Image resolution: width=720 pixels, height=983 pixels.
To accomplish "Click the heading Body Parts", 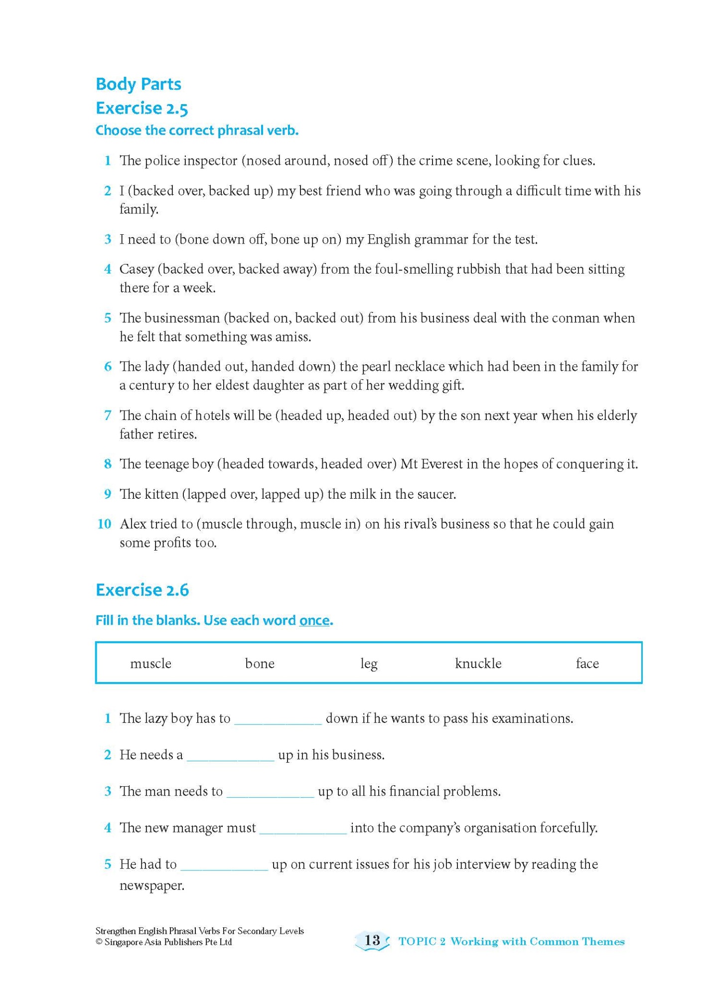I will (138, 84).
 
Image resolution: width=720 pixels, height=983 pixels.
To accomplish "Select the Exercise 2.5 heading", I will (142, 108).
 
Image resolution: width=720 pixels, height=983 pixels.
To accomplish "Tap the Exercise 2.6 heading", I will (142, 590).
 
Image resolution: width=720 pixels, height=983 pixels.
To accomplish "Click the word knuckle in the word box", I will (478, 663).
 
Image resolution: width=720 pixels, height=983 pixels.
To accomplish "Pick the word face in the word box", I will (587, 663).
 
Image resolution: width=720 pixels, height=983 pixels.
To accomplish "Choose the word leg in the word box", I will (369, 664).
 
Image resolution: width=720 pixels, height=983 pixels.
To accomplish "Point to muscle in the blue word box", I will (150, 663).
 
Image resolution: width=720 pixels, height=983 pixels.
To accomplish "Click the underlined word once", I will (314, 620).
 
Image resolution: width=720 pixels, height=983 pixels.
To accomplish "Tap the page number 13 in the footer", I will (372, 940).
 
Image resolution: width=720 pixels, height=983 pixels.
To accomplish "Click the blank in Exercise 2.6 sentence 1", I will (278, 719).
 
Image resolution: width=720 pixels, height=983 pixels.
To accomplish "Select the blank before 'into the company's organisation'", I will (303, 829).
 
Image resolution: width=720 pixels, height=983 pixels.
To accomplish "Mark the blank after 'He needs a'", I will (230, 756).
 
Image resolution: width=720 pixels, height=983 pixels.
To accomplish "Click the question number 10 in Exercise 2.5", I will (104, 524).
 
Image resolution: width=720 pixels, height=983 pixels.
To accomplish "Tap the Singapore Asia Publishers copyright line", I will (163, 942).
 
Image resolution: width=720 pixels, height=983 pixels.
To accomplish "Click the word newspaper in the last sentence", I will (151, 885).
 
